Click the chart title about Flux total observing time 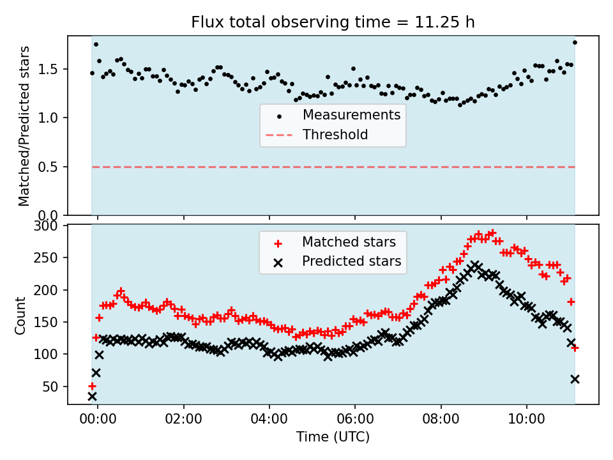point(333,22)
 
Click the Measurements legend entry point(351,116)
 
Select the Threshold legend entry point(335,135)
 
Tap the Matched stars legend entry point(349,242)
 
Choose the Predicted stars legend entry point(351,261)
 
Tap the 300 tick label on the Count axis point(49,226)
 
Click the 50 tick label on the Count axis point(52,387)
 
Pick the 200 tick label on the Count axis point(49,290)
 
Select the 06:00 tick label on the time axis point(355,421)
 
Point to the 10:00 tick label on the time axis point(526,421)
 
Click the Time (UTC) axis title point(333,438)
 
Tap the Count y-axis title point(21,315)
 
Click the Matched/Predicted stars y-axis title point(24,126)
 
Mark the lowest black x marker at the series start point(92,396)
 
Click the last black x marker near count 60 point(575,379)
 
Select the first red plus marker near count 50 point(92,386)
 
